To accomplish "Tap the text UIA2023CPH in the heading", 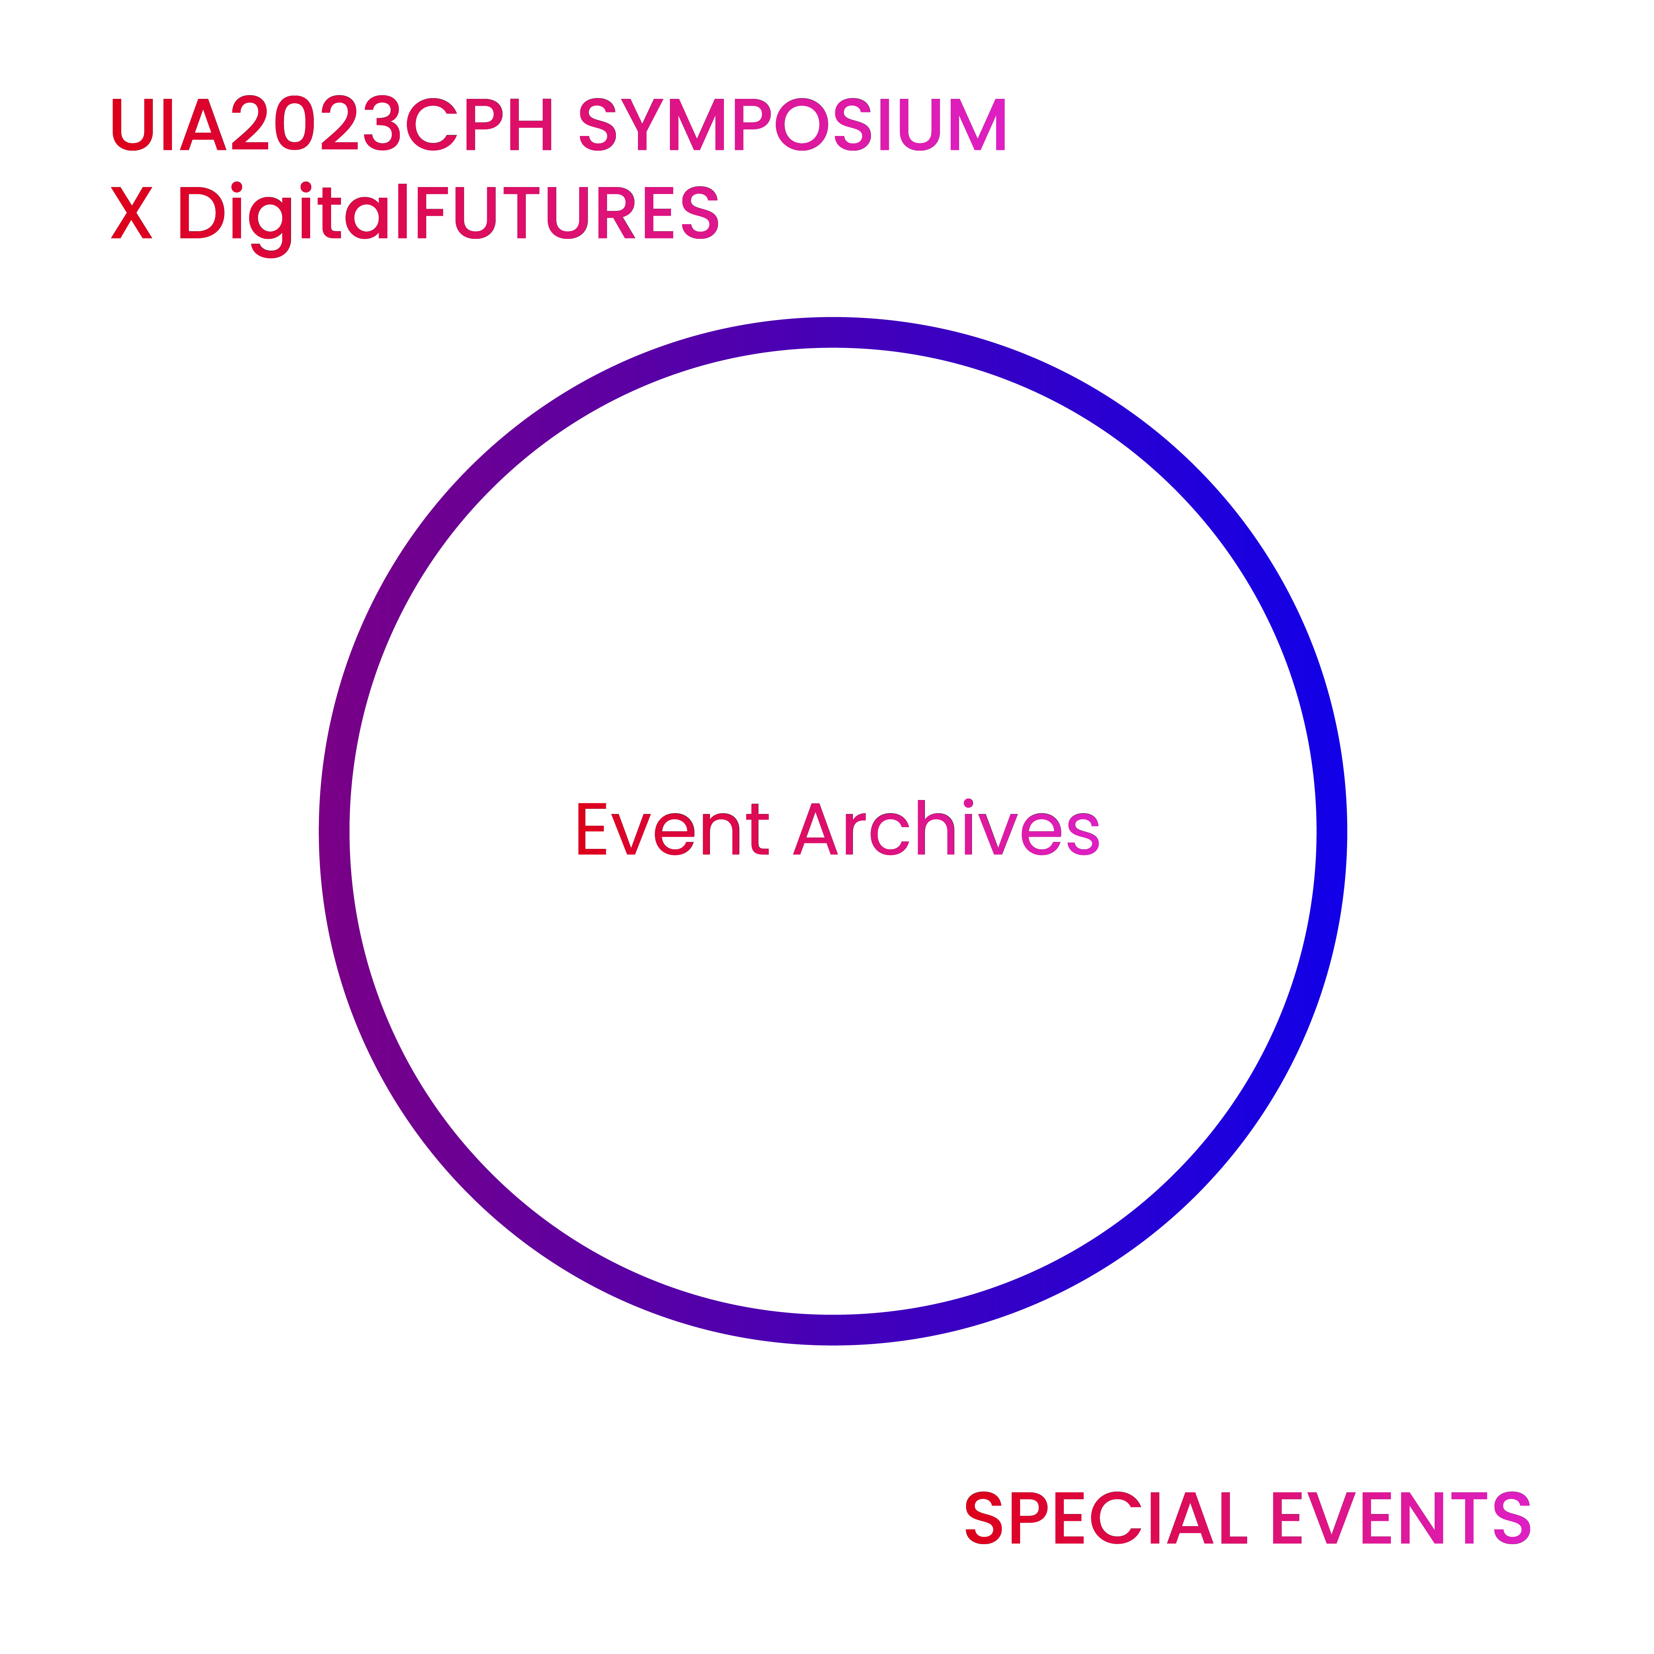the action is [x=332, y=123].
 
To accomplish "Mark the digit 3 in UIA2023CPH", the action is [x=382, y=123].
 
